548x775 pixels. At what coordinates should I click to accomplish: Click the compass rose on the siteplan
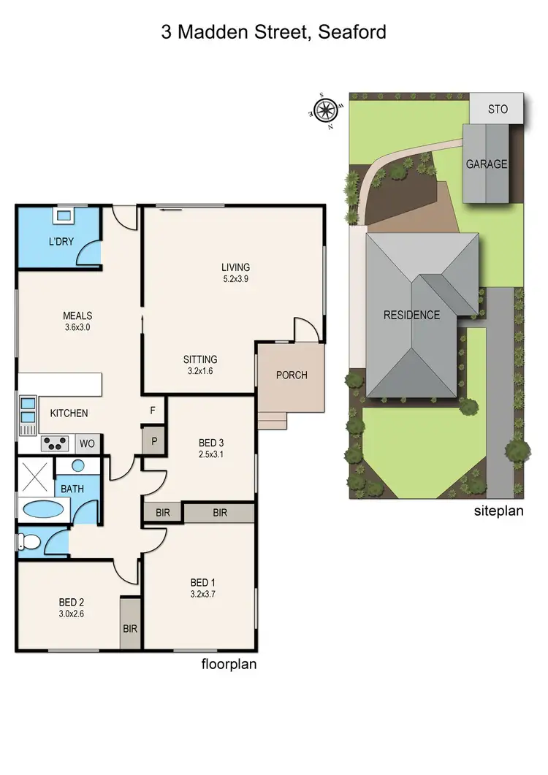(x=326, y=111)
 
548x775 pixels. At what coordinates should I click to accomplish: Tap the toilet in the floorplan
(x=30, y=542)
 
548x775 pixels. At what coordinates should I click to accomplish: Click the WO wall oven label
(x=86, y=443)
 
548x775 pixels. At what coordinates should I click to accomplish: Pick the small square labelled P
(x=153, y=440)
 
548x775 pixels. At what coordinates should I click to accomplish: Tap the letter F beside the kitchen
(x=153, y=411)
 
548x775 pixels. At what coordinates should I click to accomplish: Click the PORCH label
(x=291, y=375)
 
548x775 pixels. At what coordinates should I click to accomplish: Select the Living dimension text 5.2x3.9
(x=236, y=278)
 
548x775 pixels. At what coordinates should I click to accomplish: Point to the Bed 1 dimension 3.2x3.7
(x=202, y=594)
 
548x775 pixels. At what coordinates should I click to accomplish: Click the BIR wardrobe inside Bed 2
(x=131, y=627)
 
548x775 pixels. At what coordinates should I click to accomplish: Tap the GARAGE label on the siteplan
(x=487, y=164)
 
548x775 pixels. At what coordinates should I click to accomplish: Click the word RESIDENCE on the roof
(x=412, y=315)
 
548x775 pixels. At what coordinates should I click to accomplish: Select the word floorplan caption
(x=228, y=664)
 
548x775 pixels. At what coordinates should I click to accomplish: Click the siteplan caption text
(x=499, y=511)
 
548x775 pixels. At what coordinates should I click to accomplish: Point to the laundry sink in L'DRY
(x=63, y=215)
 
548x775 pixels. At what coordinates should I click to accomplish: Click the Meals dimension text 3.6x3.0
(x=77, y=327)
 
